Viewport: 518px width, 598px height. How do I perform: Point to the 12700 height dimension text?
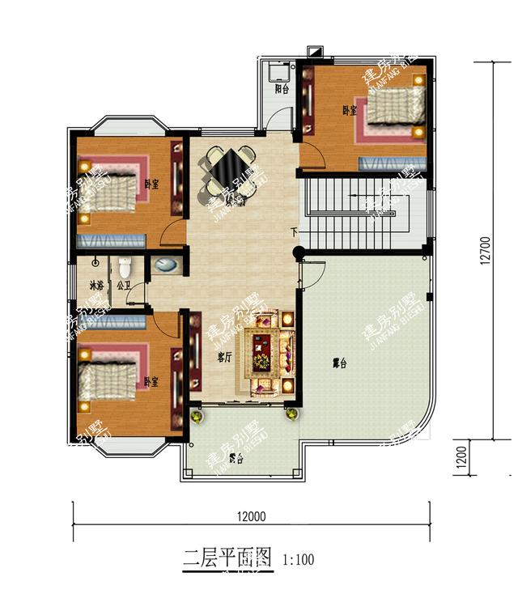click(x=484, y=250)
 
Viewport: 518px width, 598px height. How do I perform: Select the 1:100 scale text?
click(x=298, y=558)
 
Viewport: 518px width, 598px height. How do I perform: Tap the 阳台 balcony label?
click(x=281, y=89)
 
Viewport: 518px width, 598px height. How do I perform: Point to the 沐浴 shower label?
click(x=96, y=285)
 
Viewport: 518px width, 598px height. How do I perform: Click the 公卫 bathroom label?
click(x=123, y=285)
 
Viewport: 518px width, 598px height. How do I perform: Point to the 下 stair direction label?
click(x=295, y=233)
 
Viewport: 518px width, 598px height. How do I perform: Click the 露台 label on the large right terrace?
click(x=339, y=363)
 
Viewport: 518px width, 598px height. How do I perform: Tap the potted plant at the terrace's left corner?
click(x=195, y=416)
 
